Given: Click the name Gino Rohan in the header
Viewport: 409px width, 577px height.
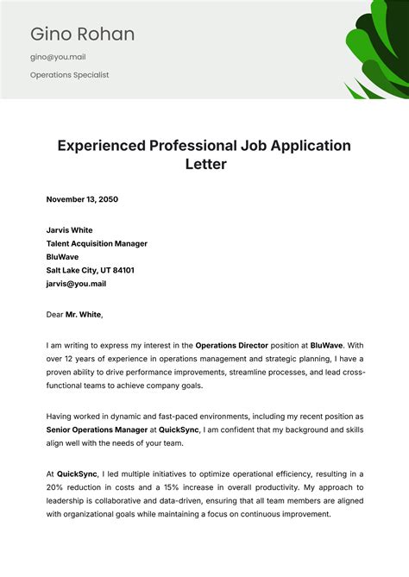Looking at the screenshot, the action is [83, 34].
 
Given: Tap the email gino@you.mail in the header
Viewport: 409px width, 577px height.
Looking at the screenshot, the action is [58, 57].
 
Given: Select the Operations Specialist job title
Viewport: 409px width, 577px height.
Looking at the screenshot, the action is [69, 75].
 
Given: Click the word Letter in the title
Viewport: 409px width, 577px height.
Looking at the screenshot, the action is [204, 164].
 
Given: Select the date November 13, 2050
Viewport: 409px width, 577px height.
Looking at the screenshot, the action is [82, 199].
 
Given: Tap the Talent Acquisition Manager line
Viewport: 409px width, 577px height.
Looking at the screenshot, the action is [97, 243].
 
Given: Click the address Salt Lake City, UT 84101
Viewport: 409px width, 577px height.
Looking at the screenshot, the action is [90, 270].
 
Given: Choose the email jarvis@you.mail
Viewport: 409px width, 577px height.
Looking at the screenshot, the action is [76, 283].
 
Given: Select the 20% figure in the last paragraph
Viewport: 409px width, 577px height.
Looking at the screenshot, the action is [56, 487].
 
